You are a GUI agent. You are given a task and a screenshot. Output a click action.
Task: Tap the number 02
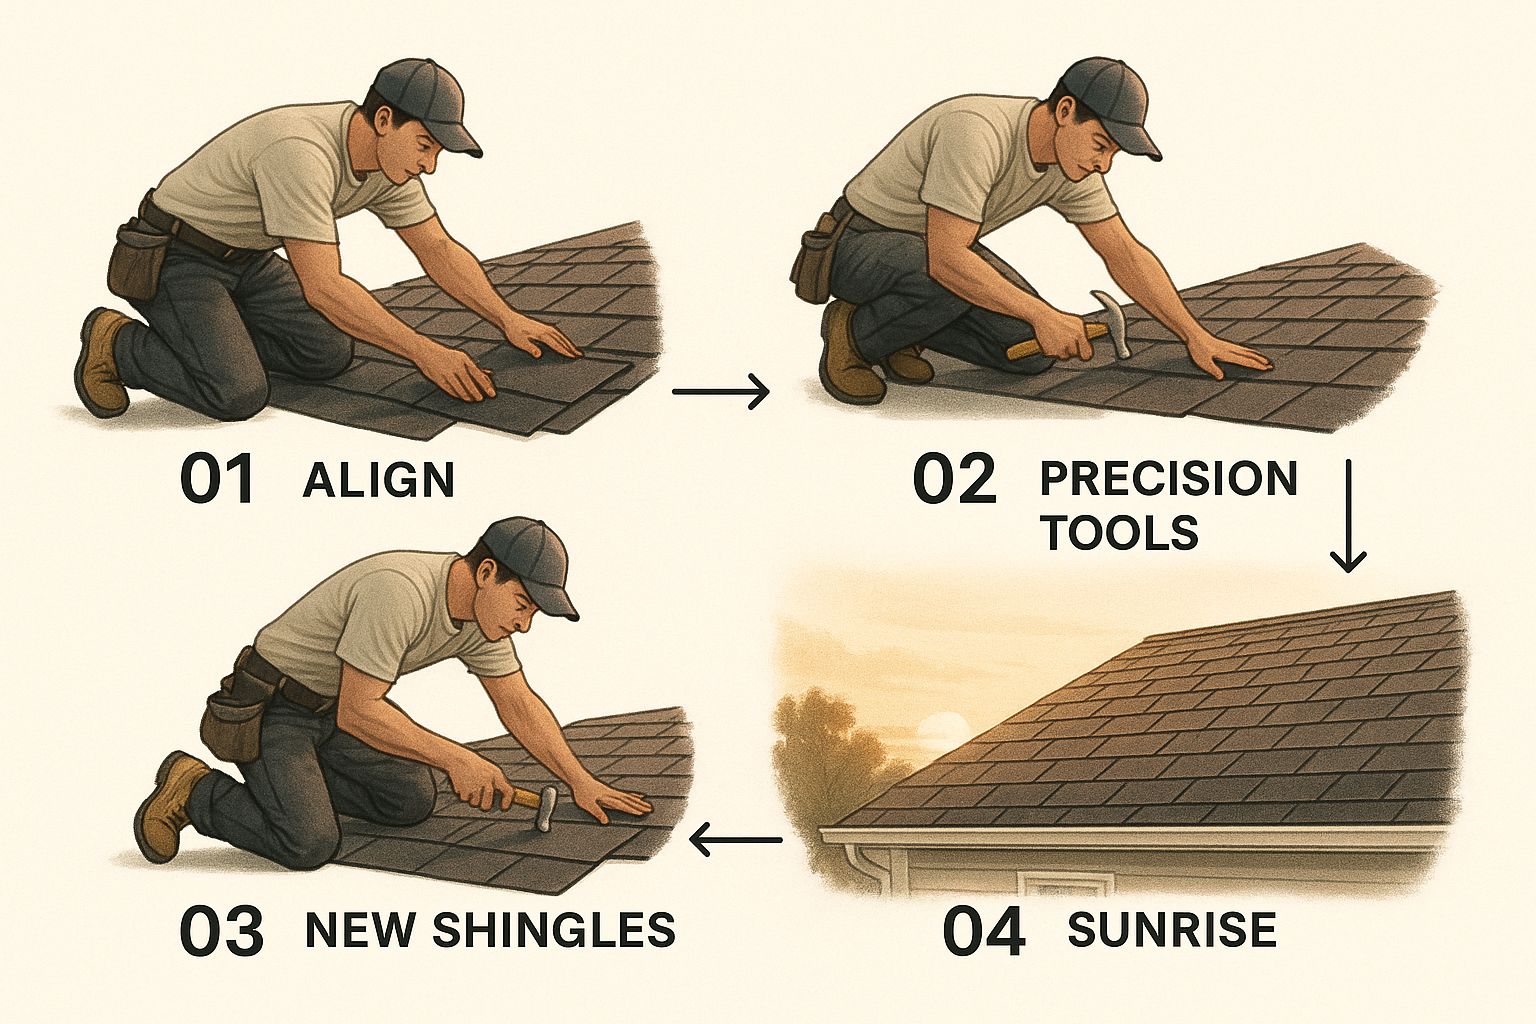click(x=955, y=480)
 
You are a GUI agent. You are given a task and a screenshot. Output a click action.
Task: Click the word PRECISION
click(x=1168, y=478)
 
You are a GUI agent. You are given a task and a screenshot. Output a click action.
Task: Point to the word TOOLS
click(x=1119, y=532)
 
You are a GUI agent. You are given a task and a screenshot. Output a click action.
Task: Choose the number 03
click(x=221, y=931)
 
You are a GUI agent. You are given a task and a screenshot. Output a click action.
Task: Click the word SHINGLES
click(x=554, y=929)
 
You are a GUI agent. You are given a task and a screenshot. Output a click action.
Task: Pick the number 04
click(x=984, y=931)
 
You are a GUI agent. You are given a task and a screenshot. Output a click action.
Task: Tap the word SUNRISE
click(x=1172, y=929)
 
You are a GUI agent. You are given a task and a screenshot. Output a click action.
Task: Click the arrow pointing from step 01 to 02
click(x=721, y=392)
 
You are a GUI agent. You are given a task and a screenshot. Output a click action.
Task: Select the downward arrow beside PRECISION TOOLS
click(x=1348, y=515)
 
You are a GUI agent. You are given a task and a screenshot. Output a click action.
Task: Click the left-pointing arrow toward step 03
click(x=736, y=840)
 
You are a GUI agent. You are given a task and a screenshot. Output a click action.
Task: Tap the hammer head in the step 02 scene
click(x=1112, y=321)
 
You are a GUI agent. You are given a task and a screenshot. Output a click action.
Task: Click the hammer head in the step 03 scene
click(x=547, y=809)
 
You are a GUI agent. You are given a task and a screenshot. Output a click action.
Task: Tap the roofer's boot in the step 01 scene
click(x=103, y=361)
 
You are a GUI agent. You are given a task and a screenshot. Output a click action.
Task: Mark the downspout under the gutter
click(x=868, y=868)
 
